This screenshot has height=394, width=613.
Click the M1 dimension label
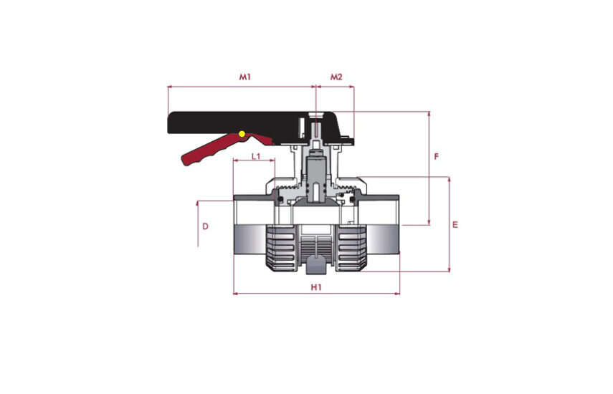(x=244, y=77)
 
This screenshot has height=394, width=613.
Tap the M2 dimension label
(x=336, y=77)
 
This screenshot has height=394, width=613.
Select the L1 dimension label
(x=256, y=157)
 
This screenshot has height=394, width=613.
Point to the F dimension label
(x=437, y=157)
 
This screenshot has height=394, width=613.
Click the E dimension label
(x=455, y=225)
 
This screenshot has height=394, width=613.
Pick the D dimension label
(x=205, y=226)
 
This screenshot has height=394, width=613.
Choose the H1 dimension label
(x=316, y=287)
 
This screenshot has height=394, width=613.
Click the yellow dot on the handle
(x=242, y=134)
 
